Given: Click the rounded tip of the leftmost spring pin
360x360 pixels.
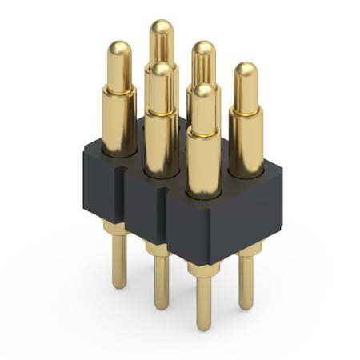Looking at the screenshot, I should point(118,50).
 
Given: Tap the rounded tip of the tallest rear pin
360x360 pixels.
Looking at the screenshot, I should point(162,29).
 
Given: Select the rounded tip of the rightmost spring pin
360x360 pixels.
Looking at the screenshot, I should point(246,70).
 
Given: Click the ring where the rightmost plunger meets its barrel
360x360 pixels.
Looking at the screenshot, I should point(246,110).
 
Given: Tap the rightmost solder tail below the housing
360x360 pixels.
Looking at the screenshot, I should point(246,280).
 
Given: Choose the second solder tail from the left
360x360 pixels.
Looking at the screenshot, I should point(162,280).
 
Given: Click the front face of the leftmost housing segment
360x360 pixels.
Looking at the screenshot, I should point(100,188).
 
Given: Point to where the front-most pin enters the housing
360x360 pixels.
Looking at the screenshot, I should point(204,192).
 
